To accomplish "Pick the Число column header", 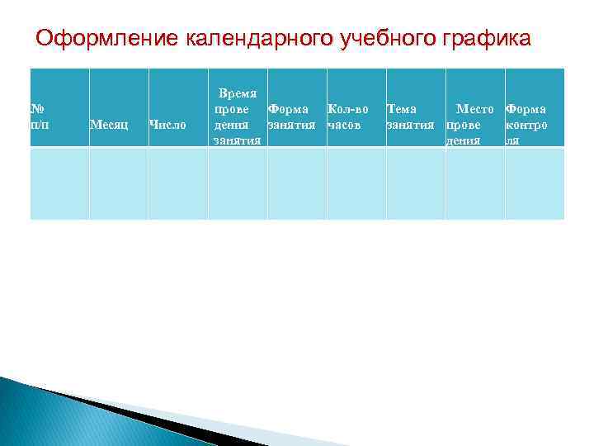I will pos(167,125).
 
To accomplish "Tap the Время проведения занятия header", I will pos(237,116).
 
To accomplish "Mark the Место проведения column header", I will pos(472,125).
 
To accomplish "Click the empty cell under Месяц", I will pos(119,183).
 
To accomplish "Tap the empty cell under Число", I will pos(178,183).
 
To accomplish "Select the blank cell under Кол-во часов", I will pos(356,183).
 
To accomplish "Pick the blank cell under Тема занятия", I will pos(416,183).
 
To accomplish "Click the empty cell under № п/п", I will pos(59,183).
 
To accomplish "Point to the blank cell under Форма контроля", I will pos(535,183).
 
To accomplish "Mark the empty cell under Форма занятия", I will pos(297,183).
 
